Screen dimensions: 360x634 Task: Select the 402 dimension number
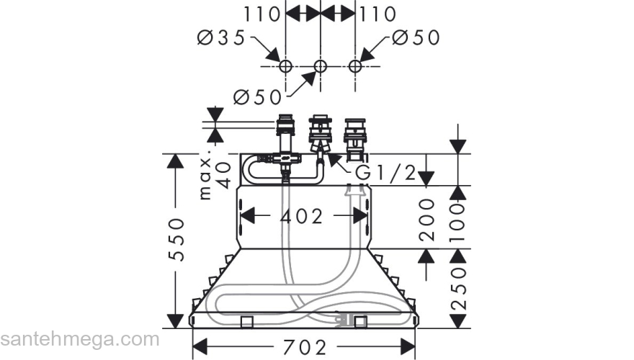[301, 216]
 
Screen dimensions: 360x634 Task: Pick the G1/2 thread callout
[385, 174]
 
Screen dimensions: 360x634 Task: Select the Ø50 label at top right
[416, 37]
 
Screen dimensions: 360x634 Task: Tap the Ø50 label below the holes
[259, 96]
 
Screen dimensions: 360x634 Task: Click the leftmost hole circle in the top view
[286, 66]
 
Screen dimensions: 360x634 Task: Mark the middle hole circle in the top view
[321, 66]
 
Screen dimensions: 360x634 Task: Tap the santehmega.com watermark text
[79, 338]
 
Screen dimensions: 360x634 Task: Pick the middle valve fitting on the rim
[319, 134]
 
